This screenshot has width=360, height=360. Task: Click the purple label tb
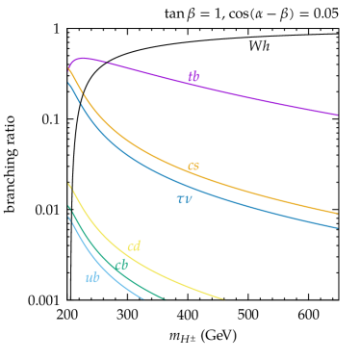pos(193,77)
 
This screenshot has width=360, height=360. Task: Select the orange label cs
pos(193,166)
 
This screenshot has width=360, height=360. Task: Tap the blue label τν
pos(184,199)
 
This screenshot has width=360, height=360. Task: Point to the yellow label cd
pos(134,246)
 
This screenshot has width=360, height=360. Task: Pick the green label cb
pos(121,266)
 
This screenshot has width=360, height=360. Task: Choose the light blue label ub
pos(92,278)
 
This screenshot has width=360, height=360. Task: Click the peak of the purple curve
pos(85,58)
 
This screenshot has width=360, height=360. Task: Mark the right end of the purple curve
pos(338,116)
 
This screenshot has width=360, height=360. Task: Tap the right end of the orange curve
pos(338,214)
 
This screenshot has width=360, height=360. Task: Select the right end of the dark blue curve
pos(338,229)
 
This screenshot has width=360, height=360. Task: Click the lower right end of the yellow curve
pos(223,298)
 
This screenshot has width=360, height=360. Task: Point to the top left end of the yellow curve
pos(68,182)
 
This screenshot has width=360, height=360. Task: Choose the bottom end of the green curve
pos(166,298)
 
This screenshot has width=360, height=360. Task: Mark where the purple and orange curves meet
pos(68,68)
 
